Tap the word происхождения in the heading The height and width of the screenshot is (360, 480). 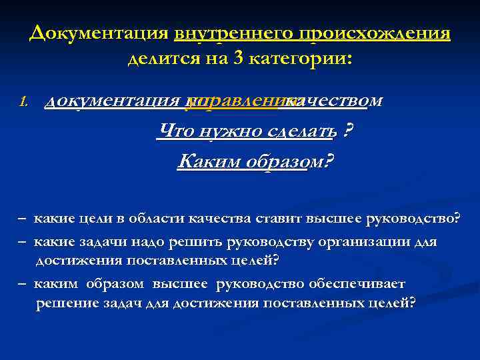[375, 33]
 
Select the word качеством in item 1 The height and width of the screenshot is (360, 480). [333, 101]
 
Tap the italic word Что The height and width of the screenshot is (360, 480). [176, 131]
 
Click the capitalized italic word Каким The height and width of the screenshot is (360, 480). [204, 161]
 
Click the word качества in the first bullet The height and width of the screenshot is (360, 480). [211, 219]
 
